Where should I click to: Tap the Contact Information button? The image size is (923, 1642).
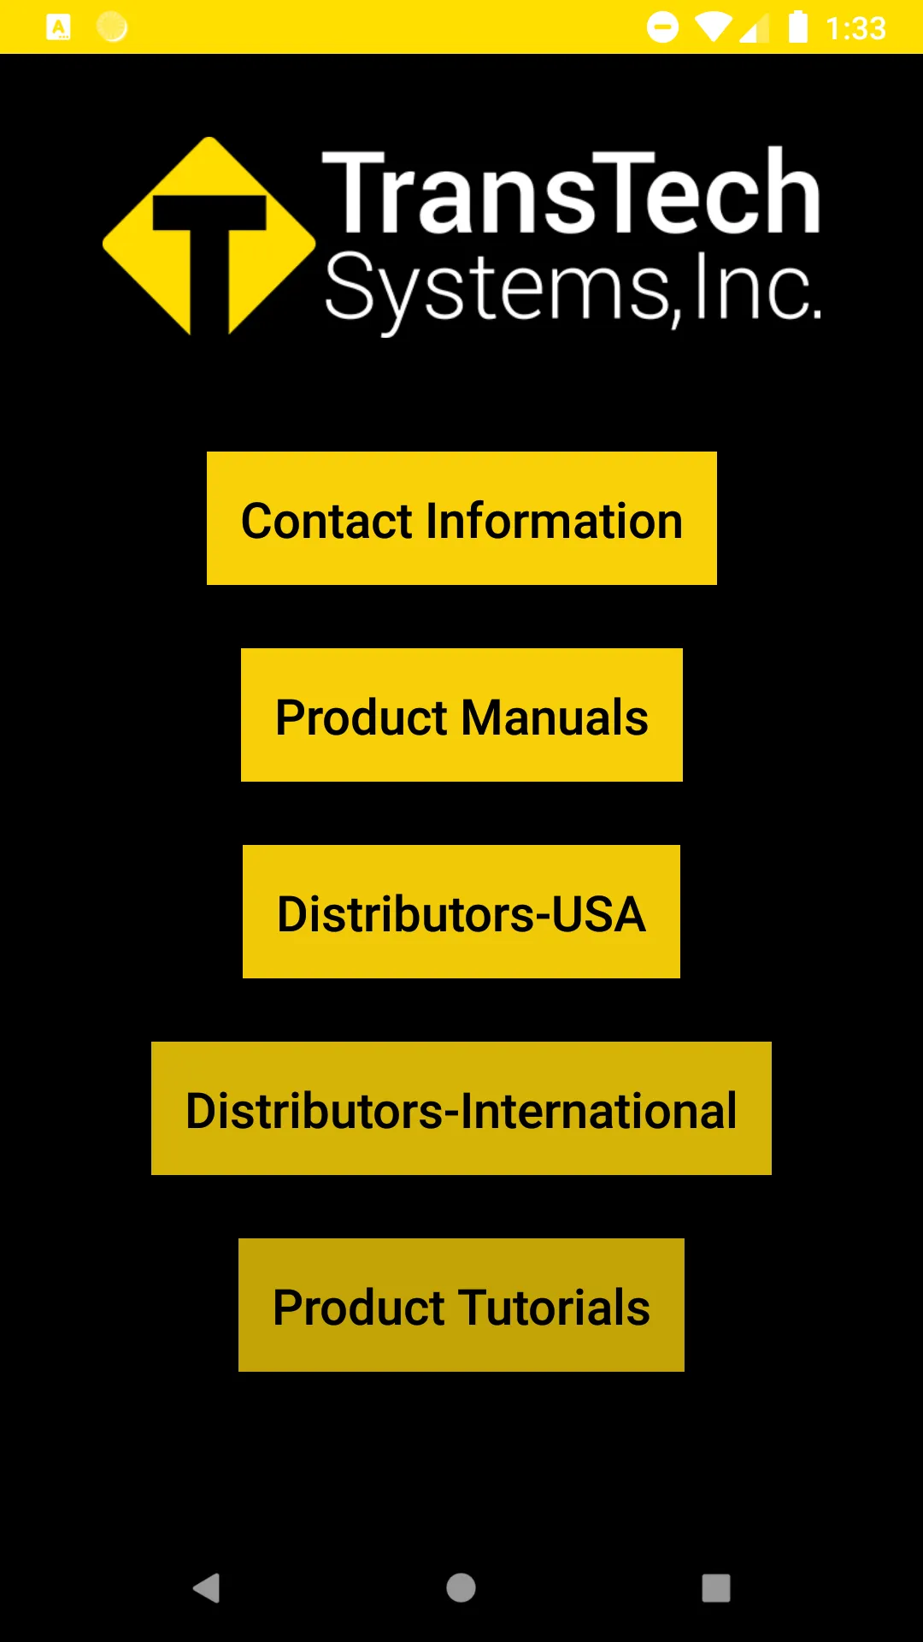pyautogui.click(x=461, y=518)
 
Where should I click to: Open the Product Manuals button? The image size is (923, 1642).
pyautogui.click(x=461, y=715)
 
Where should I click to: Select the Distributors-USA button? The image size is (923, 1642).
pyautogui.click(x=461, y=912)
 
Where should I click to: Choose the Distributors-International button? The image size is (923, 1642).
pyautogui.click(x=461, y=1108)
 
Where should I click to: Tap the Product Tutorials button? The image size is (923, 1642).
pyautogui.click(x=461, y=1305)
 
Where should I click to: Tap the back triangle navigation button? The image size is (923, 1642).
pyautogui.click(x=207, y=1588)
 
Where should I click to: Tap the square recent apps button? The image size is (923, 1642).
pyautogui.click(x=716, y=1588)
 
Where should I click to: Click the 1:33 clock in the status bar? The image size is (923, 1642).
pyautogui.click(x=855, y=28)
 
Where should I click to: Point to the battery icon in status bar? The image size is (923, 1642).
pyautogui.click(x=797, y=27)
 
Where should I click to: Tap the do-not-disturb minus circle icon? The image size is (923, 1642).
pyautogui.click(x=662, y=27)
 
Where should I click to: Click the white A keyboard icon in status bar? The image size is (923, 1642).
pyautogui.click(x=58, y=27)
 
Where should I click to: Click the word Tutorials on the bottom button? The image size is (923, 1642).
pyautogui.click(x=555, y=1307)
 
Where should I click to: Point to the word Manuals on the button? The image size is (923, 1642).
pyautogui.click(x=556, y=717)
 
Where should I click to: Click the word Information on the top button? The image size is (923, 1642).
pyautogui.click(x=555, y=520)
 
